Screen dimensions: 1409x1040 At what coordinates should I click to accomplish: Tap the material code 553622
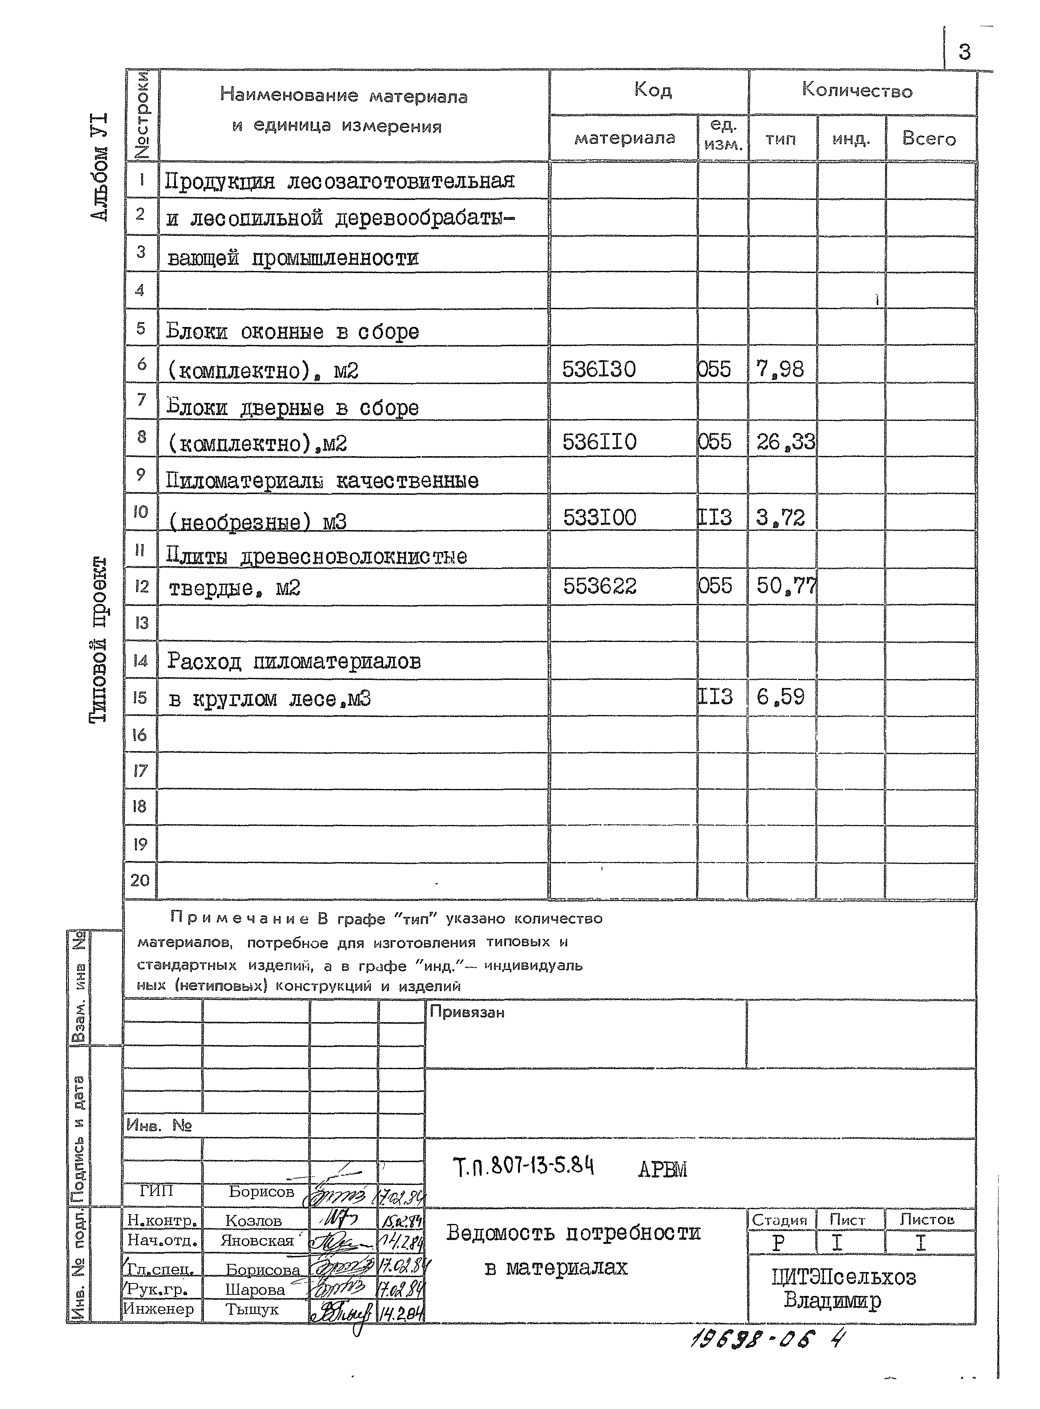[599, 586]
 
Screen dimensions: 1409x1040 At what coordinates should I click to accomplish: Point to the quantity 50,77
[785, 586]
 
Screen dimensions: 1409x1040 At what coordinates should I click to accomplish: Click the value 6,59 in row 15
[780, 697]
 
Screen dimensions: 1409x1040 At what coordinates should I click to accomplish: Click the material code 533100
[599, 517]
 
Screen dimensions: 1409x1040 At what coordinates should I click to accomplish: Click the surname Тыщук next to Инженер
[252, 1310]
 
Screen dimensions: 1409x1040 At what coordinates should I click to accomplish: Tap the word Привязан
[466, 1012]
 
